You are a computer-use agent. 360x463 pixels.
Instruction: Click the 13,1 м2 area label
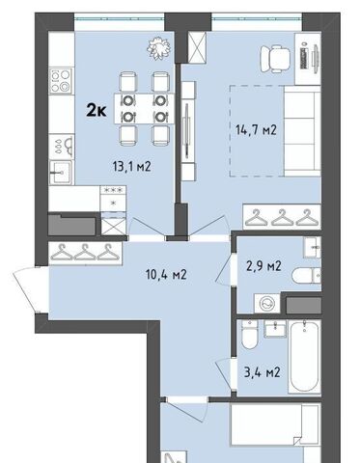[132, 166]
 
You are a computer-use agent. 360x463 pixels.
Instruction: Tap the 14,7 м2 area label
[256, 130]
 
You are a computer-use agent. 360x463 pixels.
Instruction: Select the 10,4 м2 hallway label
[166, 275]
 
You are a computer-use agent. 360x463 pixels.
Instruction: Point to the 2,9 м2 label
[263, 266]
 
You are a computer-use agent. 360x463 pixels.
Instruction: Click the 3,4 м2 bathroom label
[263, 372]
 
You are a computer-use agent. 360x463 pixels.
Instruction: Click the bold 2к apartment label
[97, 111]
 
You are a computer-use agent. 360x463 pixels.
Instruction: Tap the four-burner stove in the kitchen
[61, 81]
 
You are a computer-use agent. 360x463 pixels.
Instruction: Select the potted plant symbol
[158, 48]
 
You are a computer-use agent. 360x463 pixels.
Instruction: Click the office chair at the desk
[275, 59]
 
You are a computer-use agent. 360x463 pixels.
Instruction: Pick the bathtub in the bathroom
[304, 356]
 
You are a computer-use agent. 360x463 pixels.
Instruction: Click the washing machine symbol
[267, 303]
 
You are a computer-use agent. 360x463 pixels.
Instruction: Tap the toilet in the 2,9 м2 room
[306, 276]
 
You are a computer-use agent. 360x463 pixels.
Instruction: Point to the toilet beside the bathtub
[249, 335]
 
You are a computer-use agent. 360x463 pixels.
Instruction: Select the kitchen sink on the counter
[61, 173]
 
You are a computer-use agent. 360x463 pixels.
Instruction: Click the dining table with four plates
[144, 109]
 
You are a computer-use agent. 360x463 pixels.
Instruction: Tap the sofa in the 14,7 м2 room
[302, 131]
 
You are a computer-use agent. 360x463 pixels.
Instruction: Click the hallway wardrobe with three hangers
[85, 254]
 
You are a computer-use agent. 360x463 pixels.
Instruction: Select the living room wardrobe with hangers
[282, 217]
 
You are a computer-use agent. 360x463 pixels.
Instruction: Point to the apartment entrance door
[31, 290]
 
